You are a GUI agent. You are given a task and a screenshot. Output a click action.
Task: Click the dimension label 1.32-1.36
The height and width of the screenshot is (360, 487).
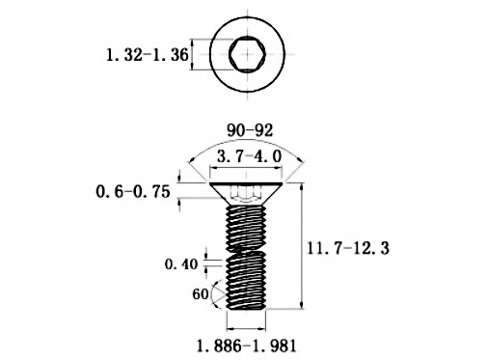[148, 55]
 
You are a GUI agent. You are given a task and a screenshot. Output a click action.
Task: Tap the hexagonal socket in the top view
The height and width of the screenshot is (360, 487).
[247, 54]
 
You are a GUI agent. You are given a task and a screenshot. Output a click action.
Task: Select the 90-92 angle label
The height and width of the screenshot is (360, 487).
[250, 130]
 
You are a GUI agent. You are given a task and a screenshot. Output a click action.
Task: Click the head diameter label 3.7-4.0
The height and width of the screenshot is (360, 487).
[250, 156]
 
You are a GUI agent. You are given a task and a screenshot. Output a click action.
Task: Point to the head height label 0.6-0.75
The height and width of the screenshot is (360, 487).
[133, 192]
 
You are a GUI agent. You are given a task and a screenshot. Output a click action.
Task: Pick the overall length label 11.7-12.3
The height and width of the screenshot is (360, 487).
[348, 248]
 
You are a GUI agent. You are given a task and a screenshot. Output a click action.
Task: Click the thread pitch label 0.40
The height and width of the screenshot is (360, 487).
[181, 264]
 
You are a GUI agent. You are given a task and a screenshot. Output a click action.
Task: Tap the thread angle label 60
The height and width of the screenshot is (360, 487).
[201, 294]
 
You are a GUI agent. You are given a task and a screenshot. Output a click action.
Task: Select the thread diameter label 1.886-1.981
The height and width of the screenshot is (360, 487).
[246, 346]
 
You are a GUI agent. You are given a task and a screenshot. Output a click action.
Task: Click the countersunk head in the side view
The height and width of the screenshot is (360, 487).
[246, 194]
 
